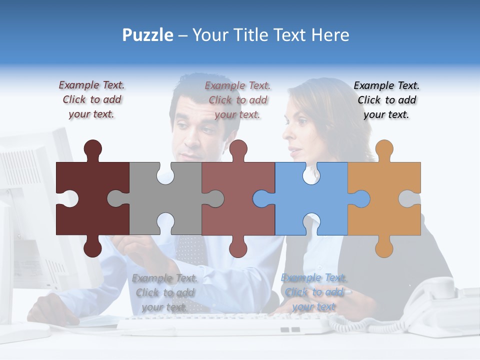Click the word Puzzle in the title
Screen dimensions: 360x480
click(x=148, y=35)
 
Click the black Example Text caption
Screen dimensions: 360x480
click(x=386, y=100)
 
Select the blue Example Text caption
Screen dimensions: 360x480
click(x=314, y=292)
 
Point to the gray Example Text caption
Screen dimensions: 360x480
click(x=165, y=292)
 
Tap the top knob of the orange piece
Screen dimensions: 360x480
click(x=384, y=149)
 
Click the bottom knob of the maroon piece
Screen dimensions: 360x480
click(x=92, y=247)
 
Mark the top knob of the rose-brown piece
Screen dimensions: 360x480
click(x=238, y=149)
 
